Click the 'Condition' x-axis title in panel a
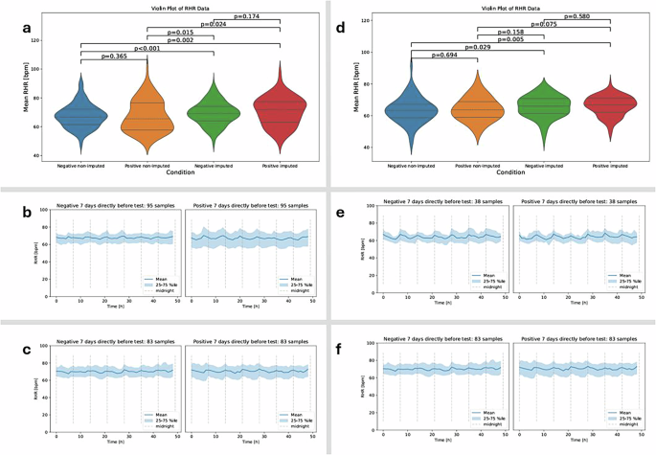click(180, 172)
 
